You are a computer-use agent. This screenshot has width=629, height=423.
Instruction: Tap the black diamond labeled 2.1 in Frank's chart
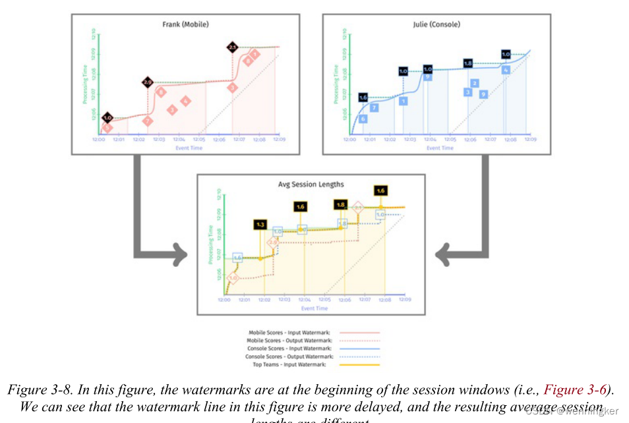[232, 47]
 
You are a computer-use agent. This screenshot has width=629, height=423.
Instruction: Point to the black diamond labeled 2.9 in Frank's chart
[148, 82]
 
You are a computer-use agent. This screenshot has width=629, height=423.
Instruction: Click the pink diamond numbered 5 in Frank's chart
[107, 127]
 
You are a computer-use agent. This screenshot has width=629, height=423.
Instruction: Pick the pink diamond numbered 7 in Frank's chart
[148, 121]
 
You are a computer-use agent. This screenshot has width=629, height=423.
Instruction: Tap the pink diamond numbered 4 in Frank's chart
[186, 101]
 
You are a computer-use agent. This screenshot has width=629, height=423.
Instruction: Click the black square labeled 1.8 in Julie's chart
[467, 63]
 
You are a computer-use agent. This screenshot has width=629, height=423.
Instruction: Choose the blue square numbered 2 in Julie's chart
[474, 83]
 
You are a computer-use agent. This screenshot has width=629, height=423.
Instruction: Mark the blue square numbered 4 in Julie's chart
[505, 70]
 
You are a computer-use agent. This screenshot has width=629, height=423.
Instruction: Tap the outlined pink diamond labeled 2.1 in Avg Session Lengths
[358, 208]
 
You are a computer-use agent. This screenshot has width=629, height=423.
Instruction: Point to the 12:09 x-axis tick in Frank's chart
[279, 140]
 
